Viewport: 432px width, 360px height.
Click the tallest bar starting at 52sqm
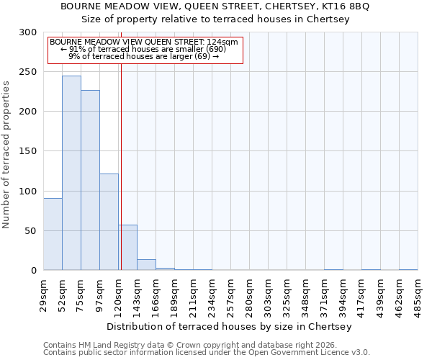[71, 173]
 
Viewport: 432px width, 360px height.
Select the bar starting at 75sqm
[90, 180]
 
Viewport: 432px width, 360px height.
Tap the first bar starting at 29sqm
[53, 234]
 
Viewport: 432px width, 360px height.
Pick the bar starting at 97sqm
[109, 222]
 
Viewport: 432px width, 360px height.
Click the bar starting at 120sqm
[127, 248]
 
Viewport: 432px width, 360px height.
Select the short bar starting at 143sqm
[146, 265]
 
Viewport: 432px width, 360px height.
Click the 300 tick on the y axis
[28, 32]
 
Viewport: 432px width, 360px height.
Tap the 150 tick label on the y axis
[28, 151]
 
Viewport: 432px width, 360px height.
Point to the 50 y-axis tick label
[31, 231]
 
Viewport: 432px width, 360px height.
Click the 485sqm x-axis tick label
[418, 295]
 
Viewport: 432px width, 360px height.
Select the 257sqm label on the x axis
[230, 295]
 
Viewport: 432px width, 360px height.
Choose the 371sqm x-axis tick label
[324, 295]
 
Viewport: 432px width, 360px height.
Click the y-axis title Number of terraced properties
[6, 154]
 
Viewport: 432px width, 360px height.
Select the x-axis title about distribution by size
[230, 326]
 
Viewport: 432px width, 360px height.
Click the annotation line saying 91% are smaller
[144, 49]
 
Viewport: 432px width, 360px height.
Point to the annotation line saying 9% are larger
[144, 56]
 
